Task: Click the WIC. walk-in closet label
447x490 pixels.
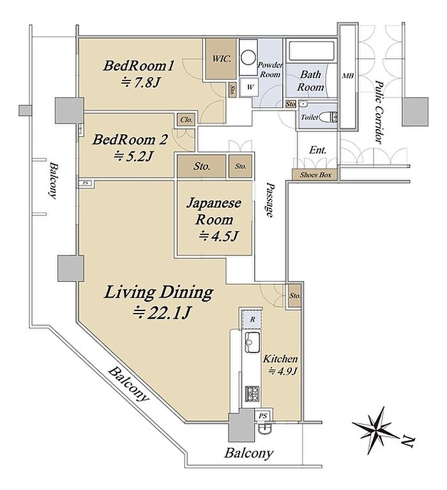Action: [x=222, y=58]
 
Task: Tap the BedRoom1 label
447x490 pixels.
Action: [x=138, y=66]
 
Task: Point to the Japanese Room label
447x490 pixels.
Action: [x=214, y=211]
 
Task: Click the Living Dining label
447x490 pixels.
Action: [x=158, y=293]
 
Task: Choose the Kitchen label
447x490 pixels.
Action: [x=280, y=359]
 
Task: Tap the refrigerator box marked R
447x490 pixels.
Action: [x=252, y=319]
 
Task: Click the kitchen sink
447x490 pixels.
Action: [x=252, y=342]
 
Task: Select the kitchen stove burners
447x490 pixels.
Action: [x=252, y=394]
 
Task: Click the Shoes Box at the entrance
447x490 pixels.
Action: [x=315, y=174]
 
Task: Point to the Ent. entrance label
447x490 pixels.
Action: [x=317, y=150]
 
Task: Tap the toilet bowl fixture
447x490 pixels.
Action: [x=328, y=117]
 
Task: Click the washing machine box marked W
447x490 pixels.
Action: [x=250, y=87]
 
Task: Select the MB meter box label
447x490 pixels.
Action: [x=347, y=75]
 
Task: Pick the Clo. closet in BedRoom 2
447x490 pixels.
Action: [x=186, y=119]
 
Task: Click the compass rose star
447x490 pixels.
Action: [x=375, y=429]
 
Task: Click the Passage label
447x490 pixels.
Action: [x=269, y=200]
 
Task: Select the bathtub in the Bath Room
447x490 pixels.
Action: [x=312, y=50]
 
